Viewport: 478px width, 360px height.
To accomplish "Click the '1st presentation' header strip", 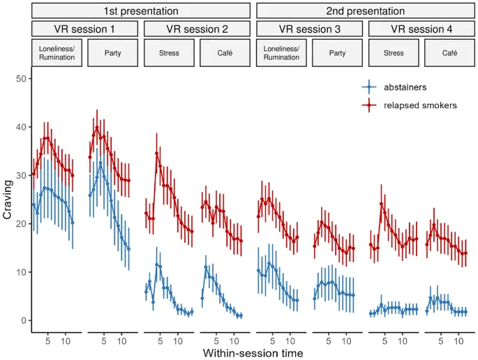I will [140, 11].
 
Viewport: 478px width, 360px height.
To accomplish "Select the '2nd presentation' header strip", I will [365, 11].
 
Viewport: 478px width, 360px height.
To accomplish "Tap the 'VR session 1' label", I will [84, 29].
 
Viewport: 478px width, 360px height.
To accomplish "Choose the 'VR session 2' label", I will [196, 29].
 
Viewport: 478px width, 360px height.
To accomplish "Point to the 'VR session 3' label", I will [309, 29].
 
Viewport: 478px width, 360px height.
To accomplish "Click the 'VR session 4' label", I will [421, 29].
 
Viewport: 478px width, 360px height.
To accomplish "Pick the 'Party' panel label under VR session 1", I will [112, 52].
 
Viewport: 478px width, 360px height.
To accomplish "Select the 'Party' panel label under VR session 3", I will [337, 52].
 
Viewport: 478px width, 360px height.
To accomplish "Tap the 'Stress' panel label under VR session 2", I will [168, 52].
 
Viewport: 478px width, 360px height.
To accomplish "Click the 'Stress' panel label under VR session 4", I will [393, 52].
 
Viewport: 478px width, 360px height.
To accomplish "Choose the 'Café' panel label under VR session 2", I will [225, 52].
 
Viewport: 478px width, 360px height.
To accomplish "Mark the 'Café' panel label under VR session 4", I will [449, 52].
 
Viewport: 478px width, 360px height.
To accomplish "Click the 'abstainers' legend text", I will [405, 87].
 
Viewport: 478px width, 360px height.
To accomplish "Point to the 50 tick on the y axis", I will [21, 79].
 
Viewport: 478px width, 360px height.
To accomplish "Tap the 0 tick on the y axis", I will [24, 320].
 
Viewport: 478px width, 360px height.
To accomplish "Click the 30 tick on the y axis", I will [21, 175].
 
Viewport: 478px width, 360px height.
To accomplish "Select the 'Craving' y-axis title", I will [8, 200].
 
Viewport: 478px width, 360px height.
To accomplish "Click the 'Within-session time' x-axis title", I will [253, 353].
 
